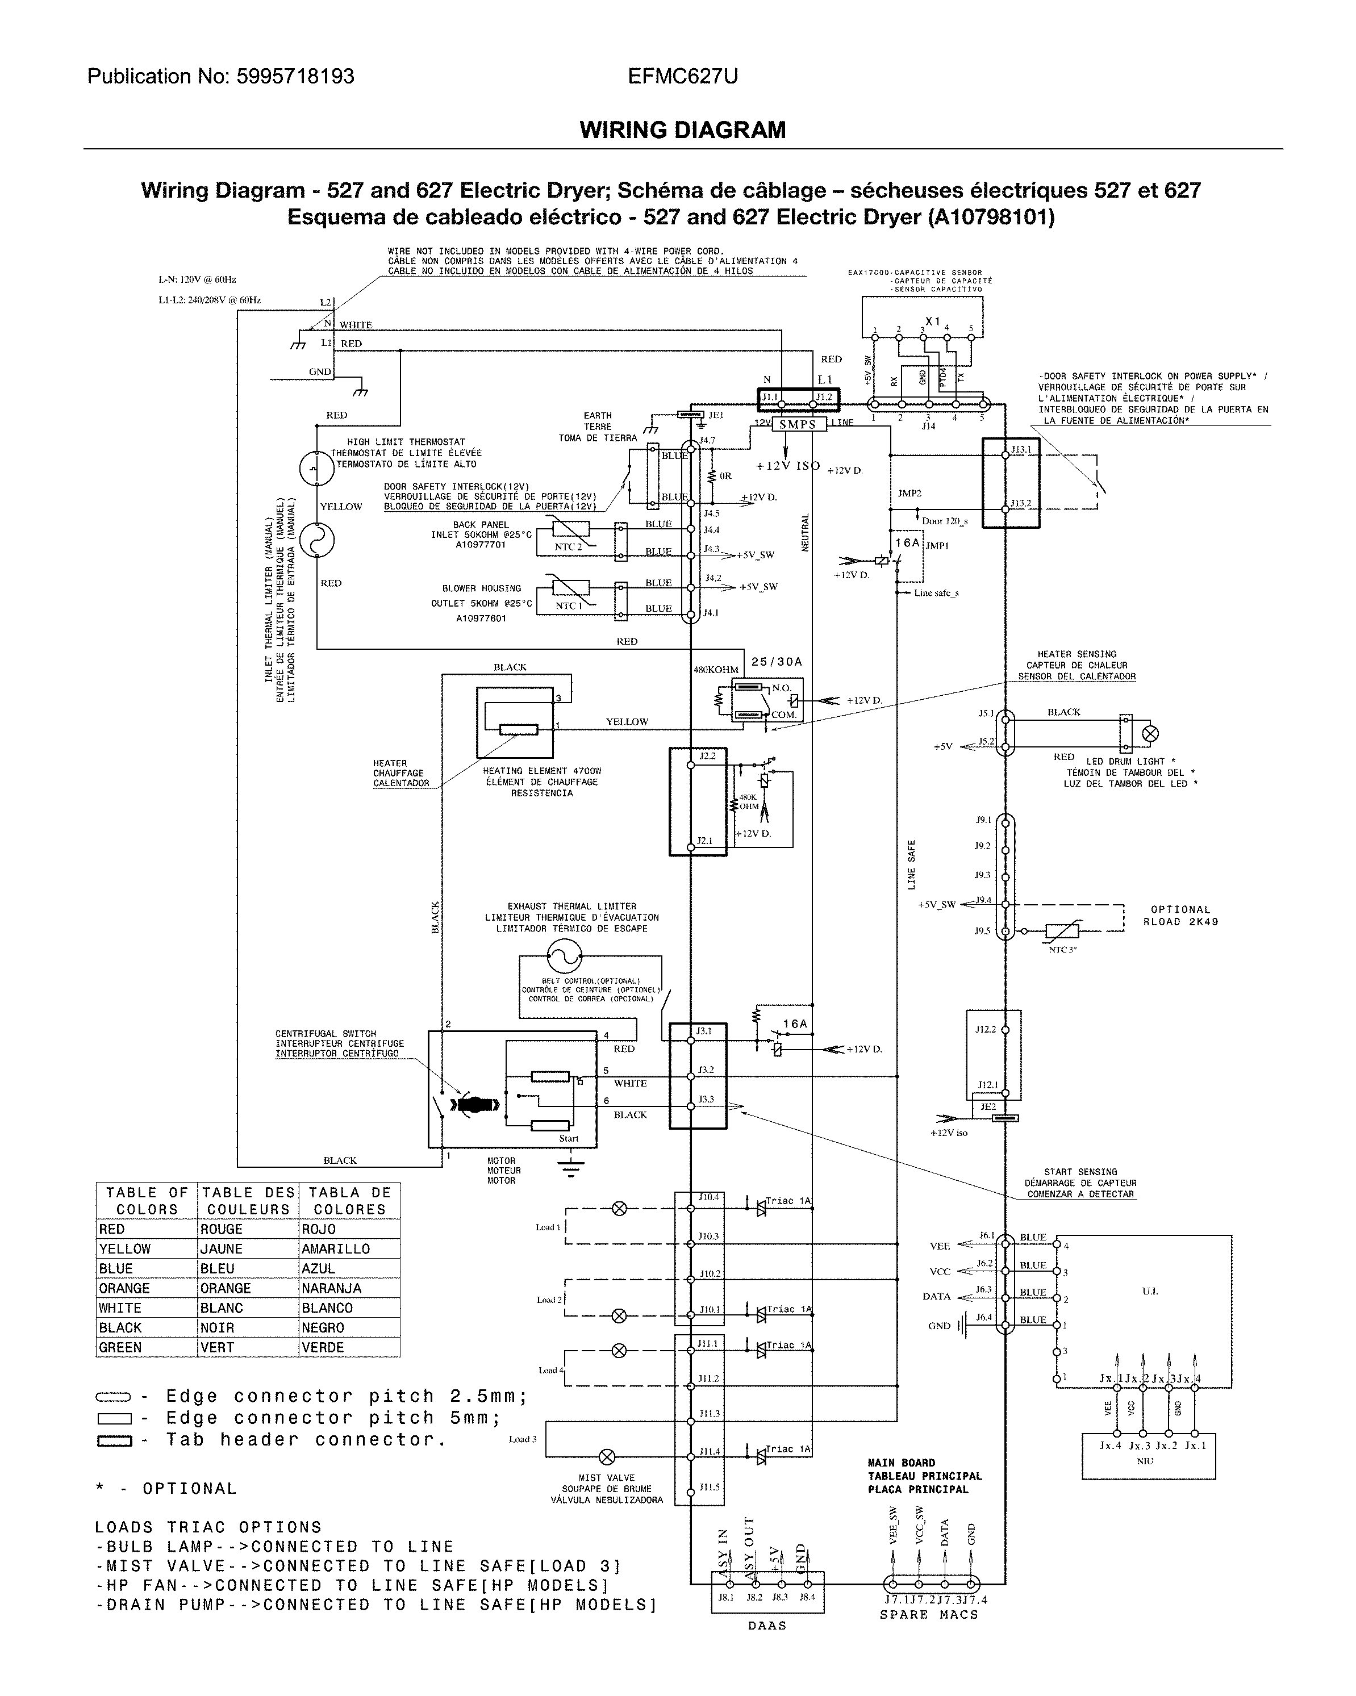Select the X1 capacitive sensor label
pos(933,321)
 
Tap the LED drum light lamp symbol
pos(1149,734)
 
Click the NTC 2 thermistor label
pos(568,547)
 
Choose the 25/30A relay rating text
pos(777,662)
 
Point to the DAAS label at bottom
pos(767,1625)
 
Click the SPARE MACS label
pos(929,1614)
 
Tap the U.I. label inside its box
pos(1149,1291)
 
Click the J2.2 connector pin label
pos(707,756)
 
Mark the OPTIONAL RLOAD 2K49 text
pos(1180,916)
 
